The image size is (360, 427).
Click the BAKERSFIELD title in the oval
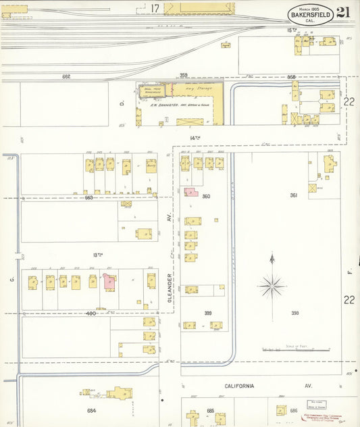point(311,14)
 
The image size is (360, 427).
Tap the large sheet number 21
point(343,13)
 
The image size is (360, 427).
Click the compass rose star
point(272,286)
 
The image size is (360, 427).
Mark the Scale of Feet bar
point(295,350)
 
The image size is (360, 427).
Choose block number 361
point(294,195)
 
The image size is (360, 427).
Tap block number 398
point(294,313)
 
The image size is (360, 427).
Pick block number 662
point(66,76)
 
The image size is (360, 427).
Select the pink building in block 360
point(190,192)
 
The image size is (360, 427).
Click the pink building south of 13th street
point(109,282)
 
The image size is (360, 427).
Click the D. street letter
point(122,103)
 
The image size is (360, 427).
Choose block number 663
point(89,197)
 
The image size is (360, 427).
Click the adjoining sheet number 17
point(155,8)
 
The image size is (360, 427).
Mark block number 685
point(210,410)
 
